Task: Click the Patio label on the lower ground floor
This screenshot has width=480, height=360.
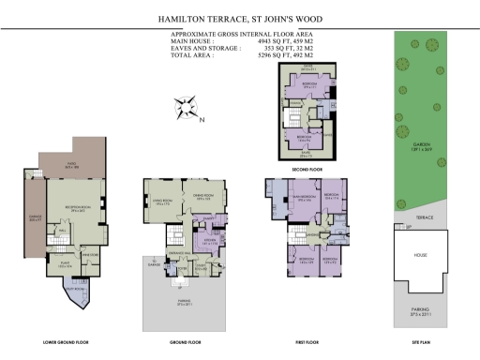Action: point(71,167)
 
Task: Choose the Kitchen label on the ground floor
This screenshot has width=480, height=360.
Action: point(208,241)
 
